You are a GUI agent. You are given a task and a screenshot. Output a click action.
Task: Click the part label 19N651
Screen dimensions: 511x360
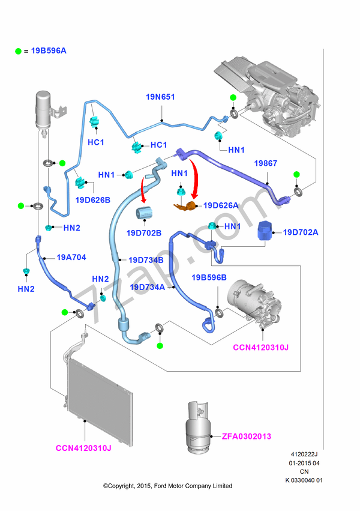click(161, 96)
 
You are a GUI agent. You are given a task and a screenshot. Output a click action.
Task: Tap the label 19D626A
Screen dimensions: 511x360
click(221, 205)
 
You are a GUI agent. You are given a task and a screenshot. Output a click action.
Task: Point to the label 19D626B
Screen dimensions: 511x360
click(93, 199)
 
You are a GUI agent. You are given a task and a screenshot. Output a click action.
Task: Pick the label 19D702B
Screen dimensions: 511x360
click(145, 233)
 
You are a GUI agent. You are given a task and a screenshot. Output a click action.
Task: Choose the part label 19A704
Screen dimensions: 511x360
click(71, 258)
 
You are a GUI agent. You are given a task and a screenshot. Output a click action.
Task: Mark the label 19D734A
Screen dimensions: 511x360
click(148, 287)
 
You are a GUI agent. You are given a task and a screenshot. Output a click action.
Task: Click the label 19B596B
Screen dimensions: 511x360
click(209, 277)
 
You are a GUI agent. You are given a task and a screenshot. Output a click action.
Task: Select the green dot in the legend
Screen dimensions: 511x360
click(19, 51)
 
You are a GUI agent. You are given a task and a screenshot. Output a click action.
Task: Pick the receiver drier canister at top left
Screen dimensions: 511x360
click(44, 109)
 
